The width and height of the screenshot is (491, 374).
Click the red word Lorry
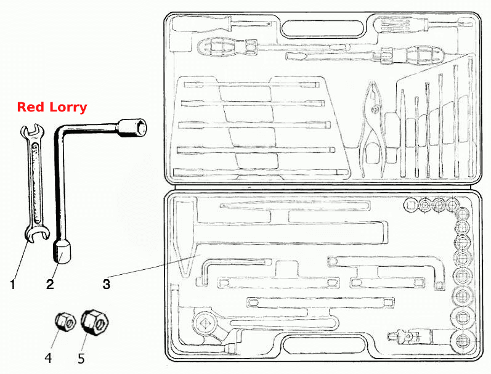[69, 107]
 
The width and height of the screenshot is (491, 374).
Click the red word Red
[31, 107]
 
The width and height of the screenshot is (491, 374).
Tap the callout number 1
[12, 285]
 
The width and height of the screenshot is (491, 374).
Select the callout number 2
[50, 285]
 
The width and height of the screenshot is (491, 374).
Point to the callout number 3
[107, 284]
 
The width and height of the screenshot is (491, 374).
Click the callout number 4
[48, 358]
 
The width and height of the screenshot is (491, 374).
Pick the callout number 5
[81, 359]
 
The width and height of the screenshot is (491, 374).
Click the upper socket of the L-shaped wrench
[132, 128]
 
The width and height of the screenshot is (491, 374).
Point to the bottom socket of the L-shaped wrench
[62, 251]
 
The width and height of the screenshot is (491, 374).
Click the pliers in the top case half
[372, 128]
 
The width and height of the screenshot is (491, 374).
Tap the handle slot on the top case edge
[323, 29]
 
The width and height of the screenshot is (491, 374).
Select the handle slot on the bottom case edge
[324, 346]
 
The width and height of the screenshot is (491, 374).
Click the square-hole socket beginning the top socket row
[410, 205]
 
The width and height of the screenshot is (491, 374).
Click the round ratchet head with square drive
[204, 323]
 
